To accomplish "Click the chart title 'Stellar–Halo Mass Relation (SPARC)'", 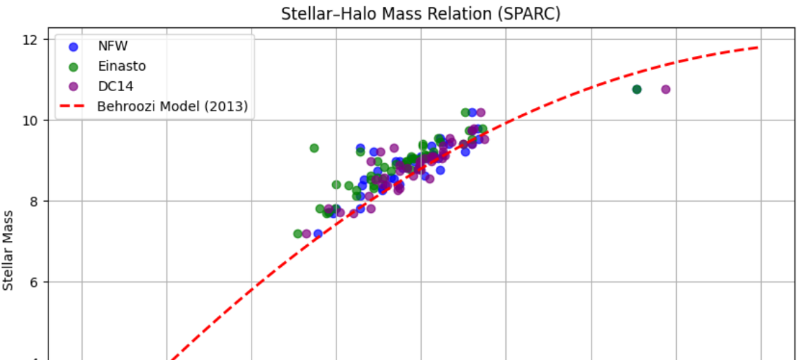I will point(420,13).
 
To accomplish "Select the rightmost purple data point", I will point(666,89).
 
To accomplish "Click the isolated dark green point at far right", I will point(636,89).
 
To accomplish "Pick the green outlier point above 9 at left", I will point(314,148).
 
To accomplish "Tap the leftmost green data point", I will point(298,233).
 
